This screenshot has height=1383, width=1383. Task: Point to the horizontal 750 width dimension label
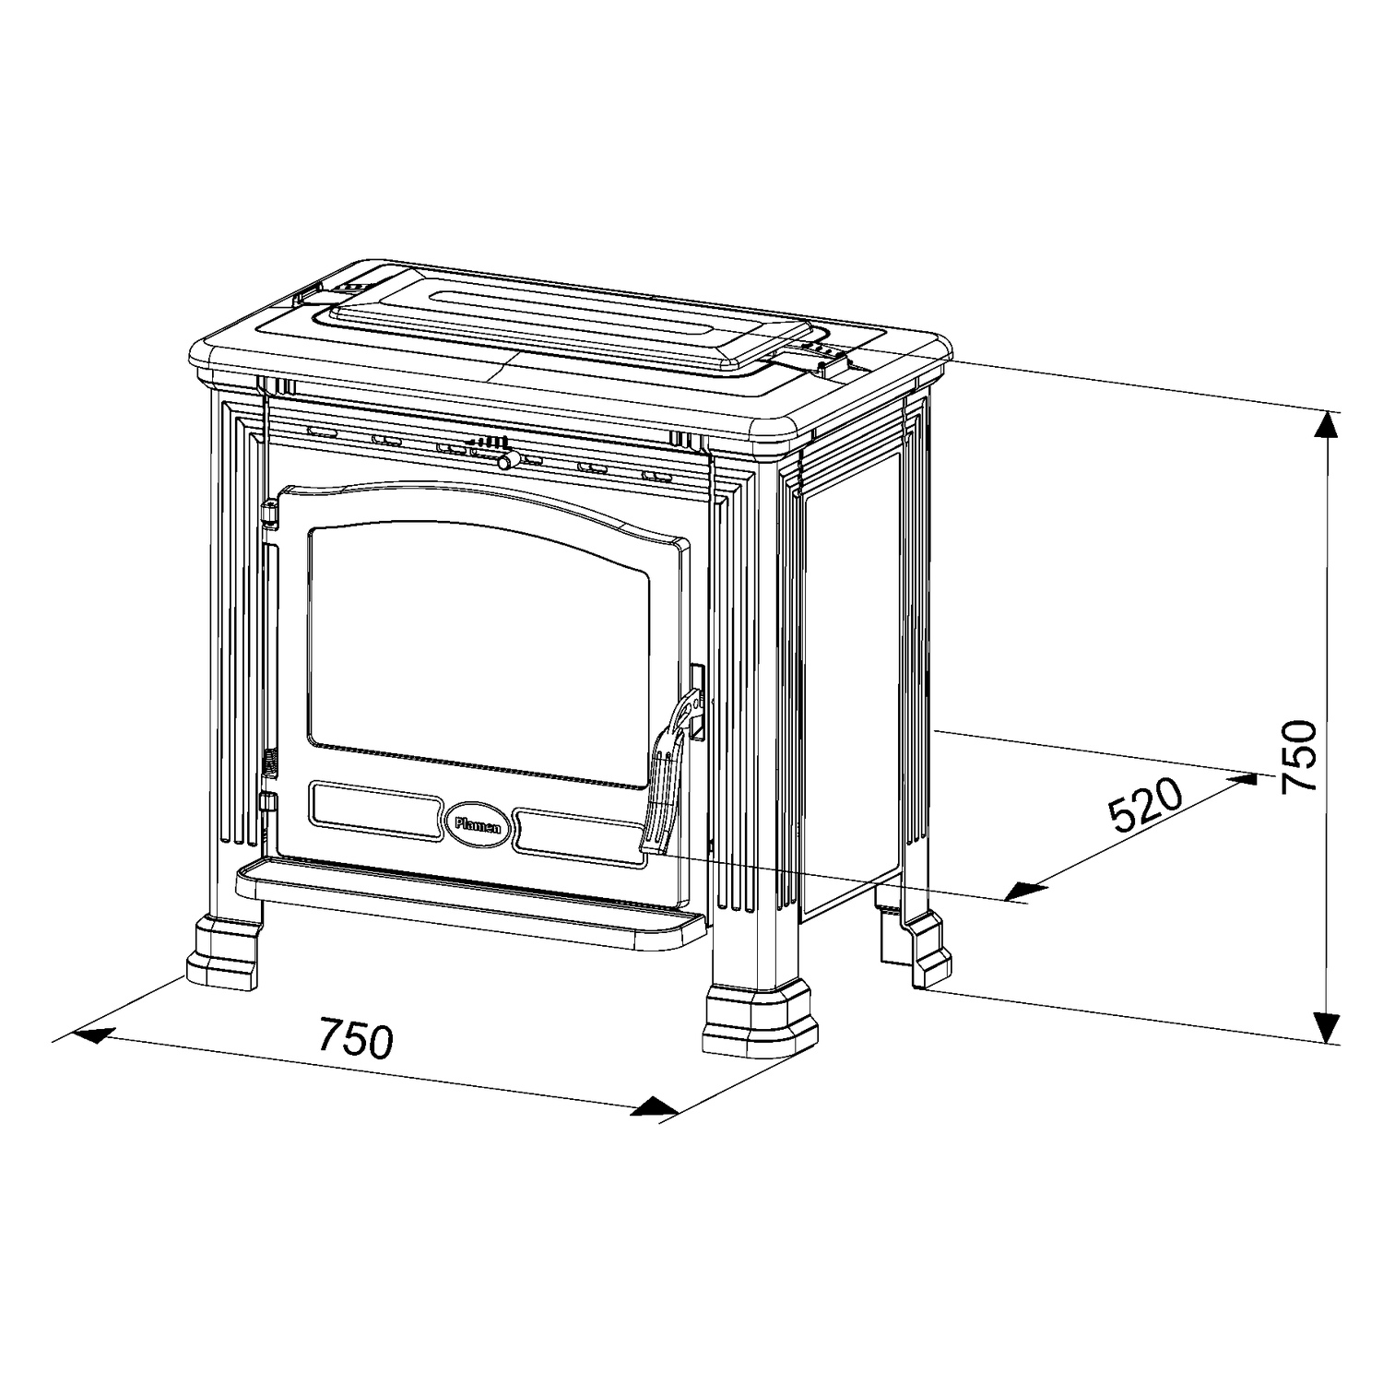point(356,1038)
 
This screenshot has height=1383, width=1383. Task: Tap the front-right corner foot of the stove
point(760,1022)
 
